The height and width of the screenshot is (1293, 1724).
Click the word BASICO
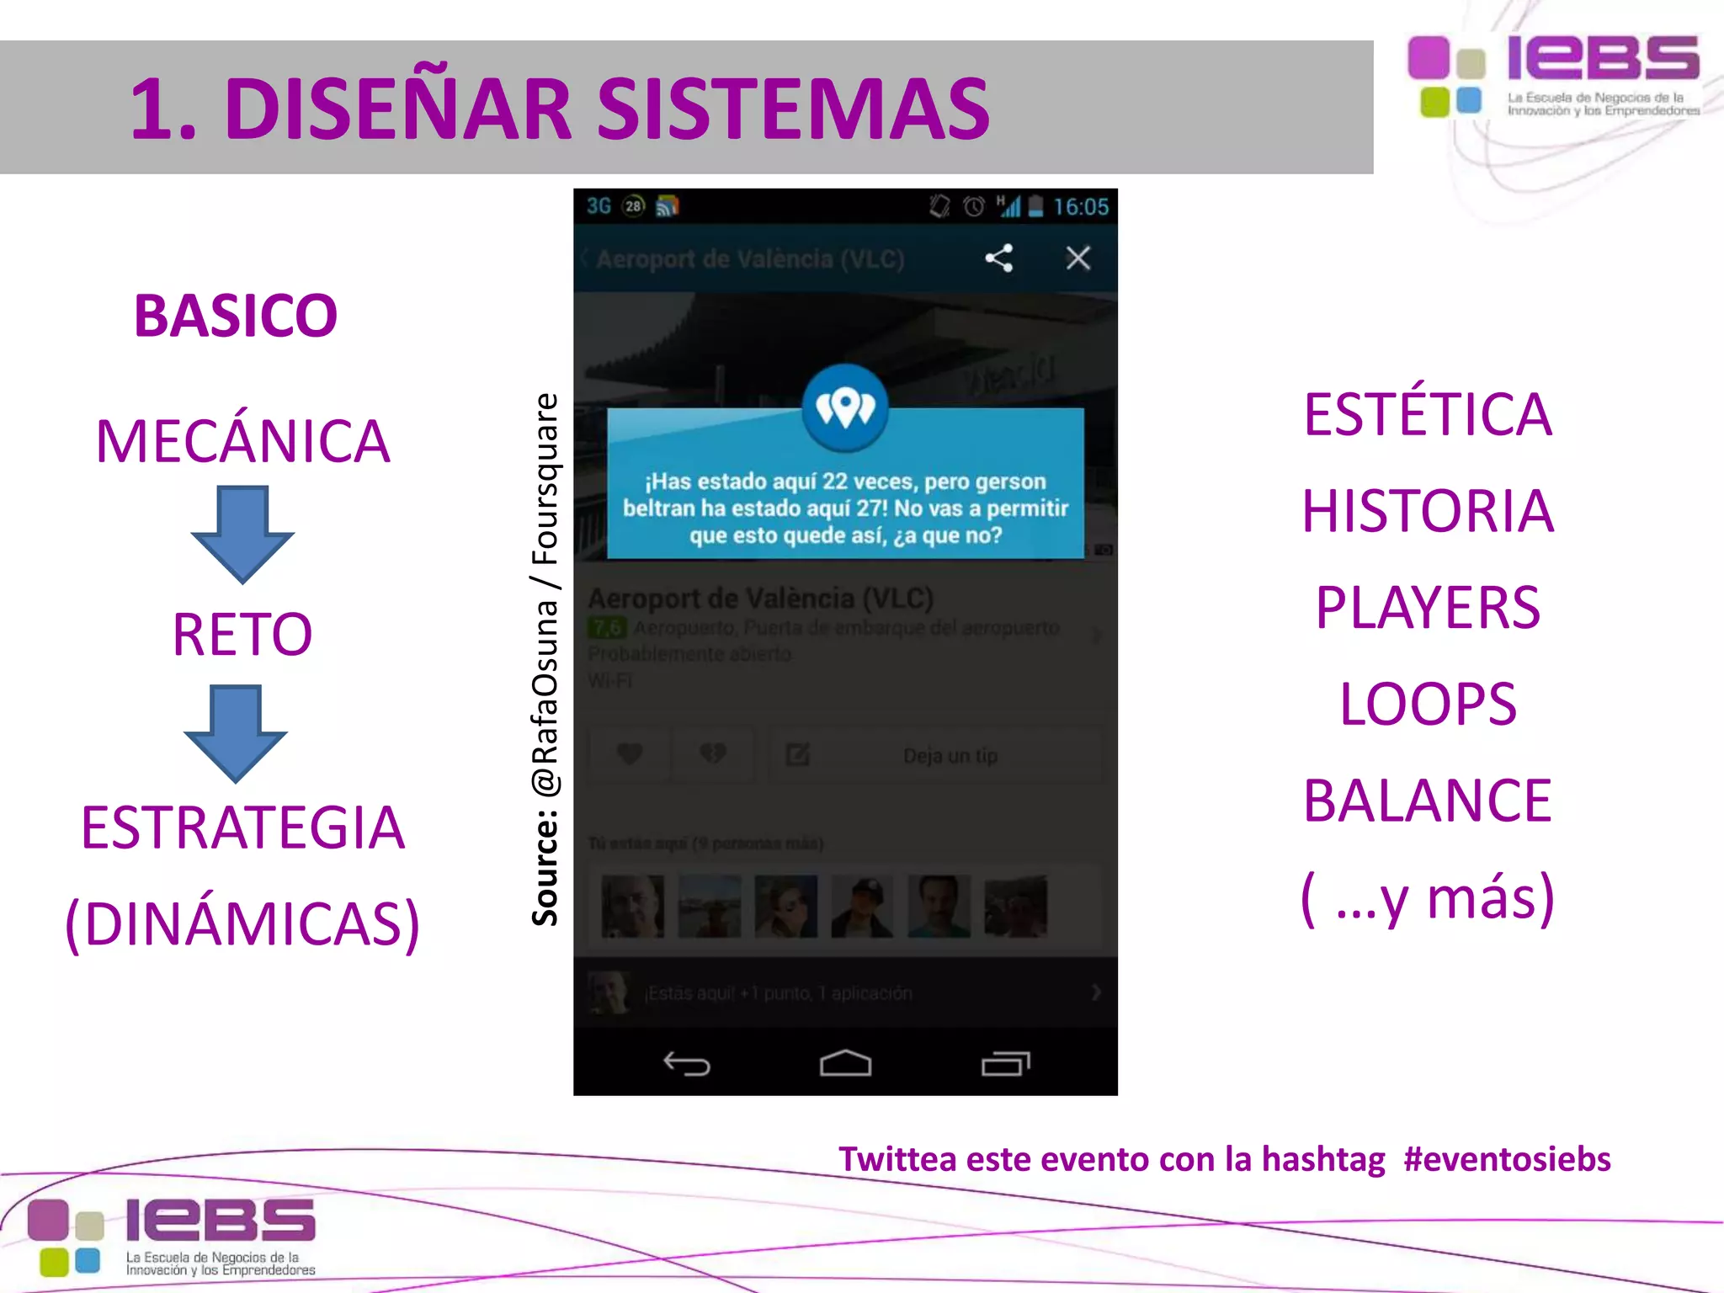pyautogui.click(x=236, y=317)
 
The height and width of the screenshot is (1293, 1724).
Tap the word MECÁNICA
pyautogui.click(x=242, y=441)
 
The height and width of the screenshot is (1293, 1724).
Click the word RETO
pyautogui.click(x=242, y=634)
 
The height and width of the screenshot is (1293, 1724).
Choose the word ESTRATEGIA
pyautogui.click(x=242, y=827)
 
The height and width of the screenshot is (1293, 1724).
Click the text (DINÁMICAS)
pyautogui.click(x=242, y=924)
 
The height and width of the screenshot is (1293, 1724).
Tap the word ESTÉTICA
pyautogui.click(x=1428, y=414)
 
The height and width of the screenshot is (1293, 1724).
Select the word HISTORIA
pyautogui.click(x=1428, y=511)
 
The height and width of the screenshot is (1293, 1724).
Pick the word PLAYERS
pyautogui.click(x=1428, y=608)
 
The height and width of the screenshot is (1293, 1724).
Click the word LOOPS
pyautogui.click(x=1428, y=704)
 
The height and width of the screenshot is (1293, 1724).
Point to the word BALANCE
pyautogui.click(x=1428, y=801)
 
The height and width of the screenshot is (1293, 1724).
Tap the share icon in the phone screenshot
pyautogui.click(x=999, y=258)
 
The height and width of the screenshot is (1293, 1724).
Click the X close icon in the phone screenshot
pyautogui.click(x=1077, y=258)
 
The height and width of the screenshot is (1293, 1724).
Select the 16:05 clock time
pyautogui.click(x=1081, y=207)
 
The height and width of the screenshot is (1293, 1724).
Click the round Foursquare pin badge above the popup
pyautogui.click(x=845, y=407)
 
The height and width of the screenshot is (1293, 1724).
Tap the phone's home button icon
pyautogui.click(x=845, y=1064)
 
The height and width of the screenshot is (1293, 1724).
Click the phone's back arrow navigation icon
pyautogui.click(x=687, y=1064)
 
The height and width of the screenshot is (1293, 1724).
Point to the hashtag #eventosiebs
pyautogui.click(x=1507, y=1159)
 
